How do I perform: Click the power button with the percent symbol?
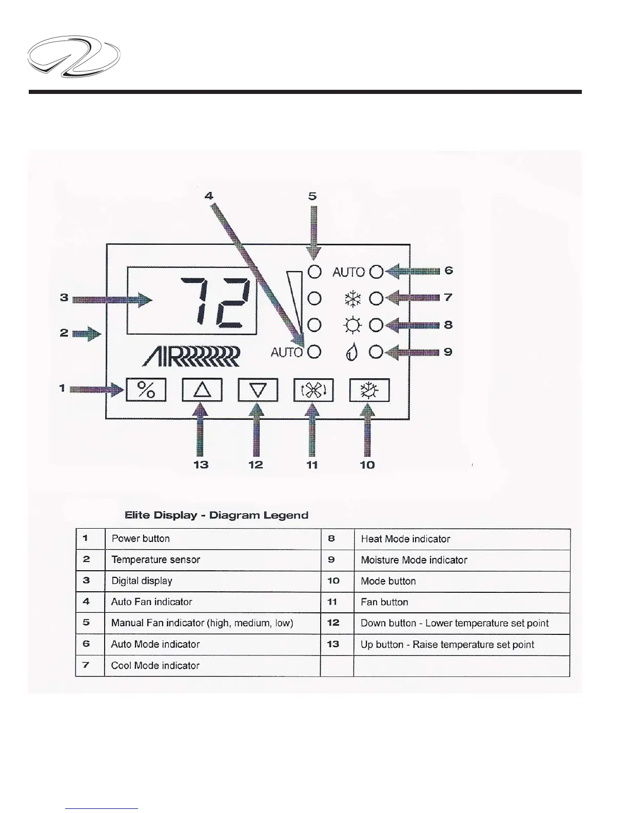click(146, 390)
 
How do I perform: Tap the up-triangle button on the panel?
click(202, 390)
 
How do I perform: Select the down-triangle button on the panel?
click(258, 390)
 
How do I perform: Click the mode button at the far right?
click(369, 390)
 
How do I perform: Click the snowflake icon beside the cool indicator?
click(352, 298)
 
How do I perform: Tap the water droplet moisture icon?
click(351, 353)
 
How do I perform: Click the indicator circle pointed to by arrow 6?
click(377, 272)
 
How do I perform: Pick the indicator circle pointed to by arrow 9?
click(377, 352)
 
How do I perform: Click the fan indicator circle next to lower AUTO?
click(315, 352)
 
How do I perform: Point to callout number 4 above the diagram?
click(209, 196)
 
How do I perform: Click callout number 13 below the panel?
click(201, 464)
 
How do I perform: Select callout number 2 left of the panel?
click(64, 333)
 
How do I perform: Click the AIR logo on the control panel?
click(191, 356)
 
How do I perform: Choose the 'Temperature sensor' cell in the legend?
click(156, 560)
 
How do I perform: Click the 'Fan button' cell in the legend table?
click(385, 602)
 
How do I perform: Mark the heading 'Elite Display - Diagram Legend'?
click(217, 515)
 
